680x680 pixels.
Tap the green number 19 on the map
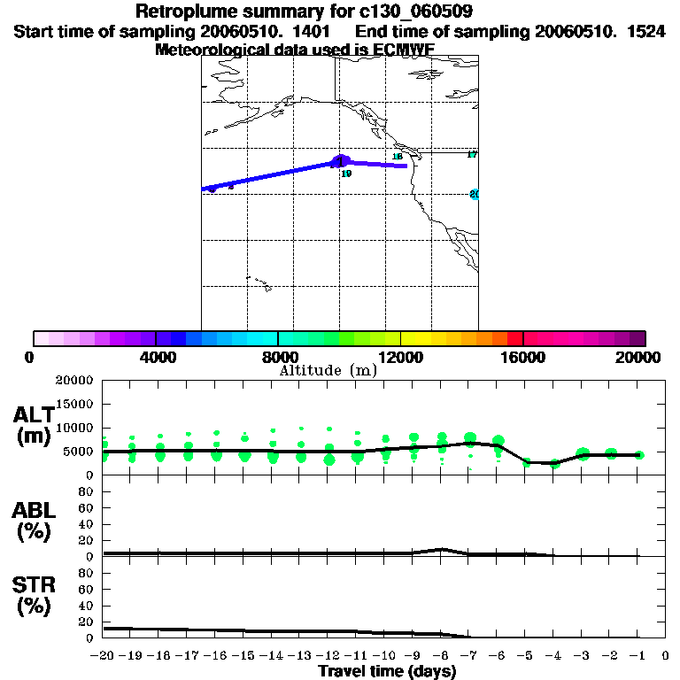(346, 174)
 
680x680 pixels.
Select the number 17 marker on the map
(472, 155)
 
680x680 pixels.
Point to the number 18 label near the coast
(398, 157)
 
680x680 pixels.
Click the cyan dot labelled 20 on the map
(475, 194)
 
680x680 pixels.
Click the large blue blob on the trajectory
(340, 161)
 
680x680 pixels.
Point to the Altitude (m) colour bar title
(328, 370)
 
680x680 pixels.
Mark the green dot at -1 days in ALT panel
(639, 455)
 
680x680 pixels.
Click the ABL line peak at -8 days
(442, 549)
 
